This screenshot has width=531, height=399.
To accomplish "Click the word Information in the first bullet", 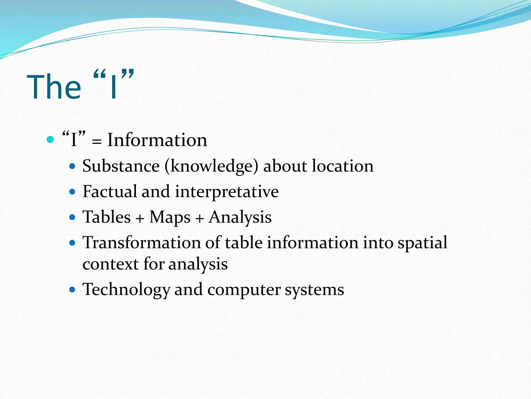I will click(x=157, y=140).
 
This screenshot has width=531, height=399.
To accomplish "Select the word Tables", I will click(x=107, y=217).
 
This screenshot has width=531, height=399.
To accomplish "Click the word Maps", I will click(x=170, y=217).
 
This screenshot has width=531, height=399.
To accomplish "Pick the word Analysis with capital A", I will click(x=240, y=217).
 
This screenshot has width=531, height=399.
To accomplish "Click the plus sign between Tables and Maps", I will click(x=140, y=218).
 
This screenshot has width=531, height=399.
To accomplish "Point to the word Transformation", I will click(x=142, y=243).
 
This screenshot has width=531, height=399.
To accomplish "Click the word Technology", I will click(x=126, y=290).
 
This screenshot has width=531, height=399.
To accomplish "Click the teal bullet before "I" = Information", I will click(x=50, y=140).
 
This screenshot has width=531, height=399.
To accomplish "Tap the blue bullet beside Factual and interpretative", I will click(x=72, y=192).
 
